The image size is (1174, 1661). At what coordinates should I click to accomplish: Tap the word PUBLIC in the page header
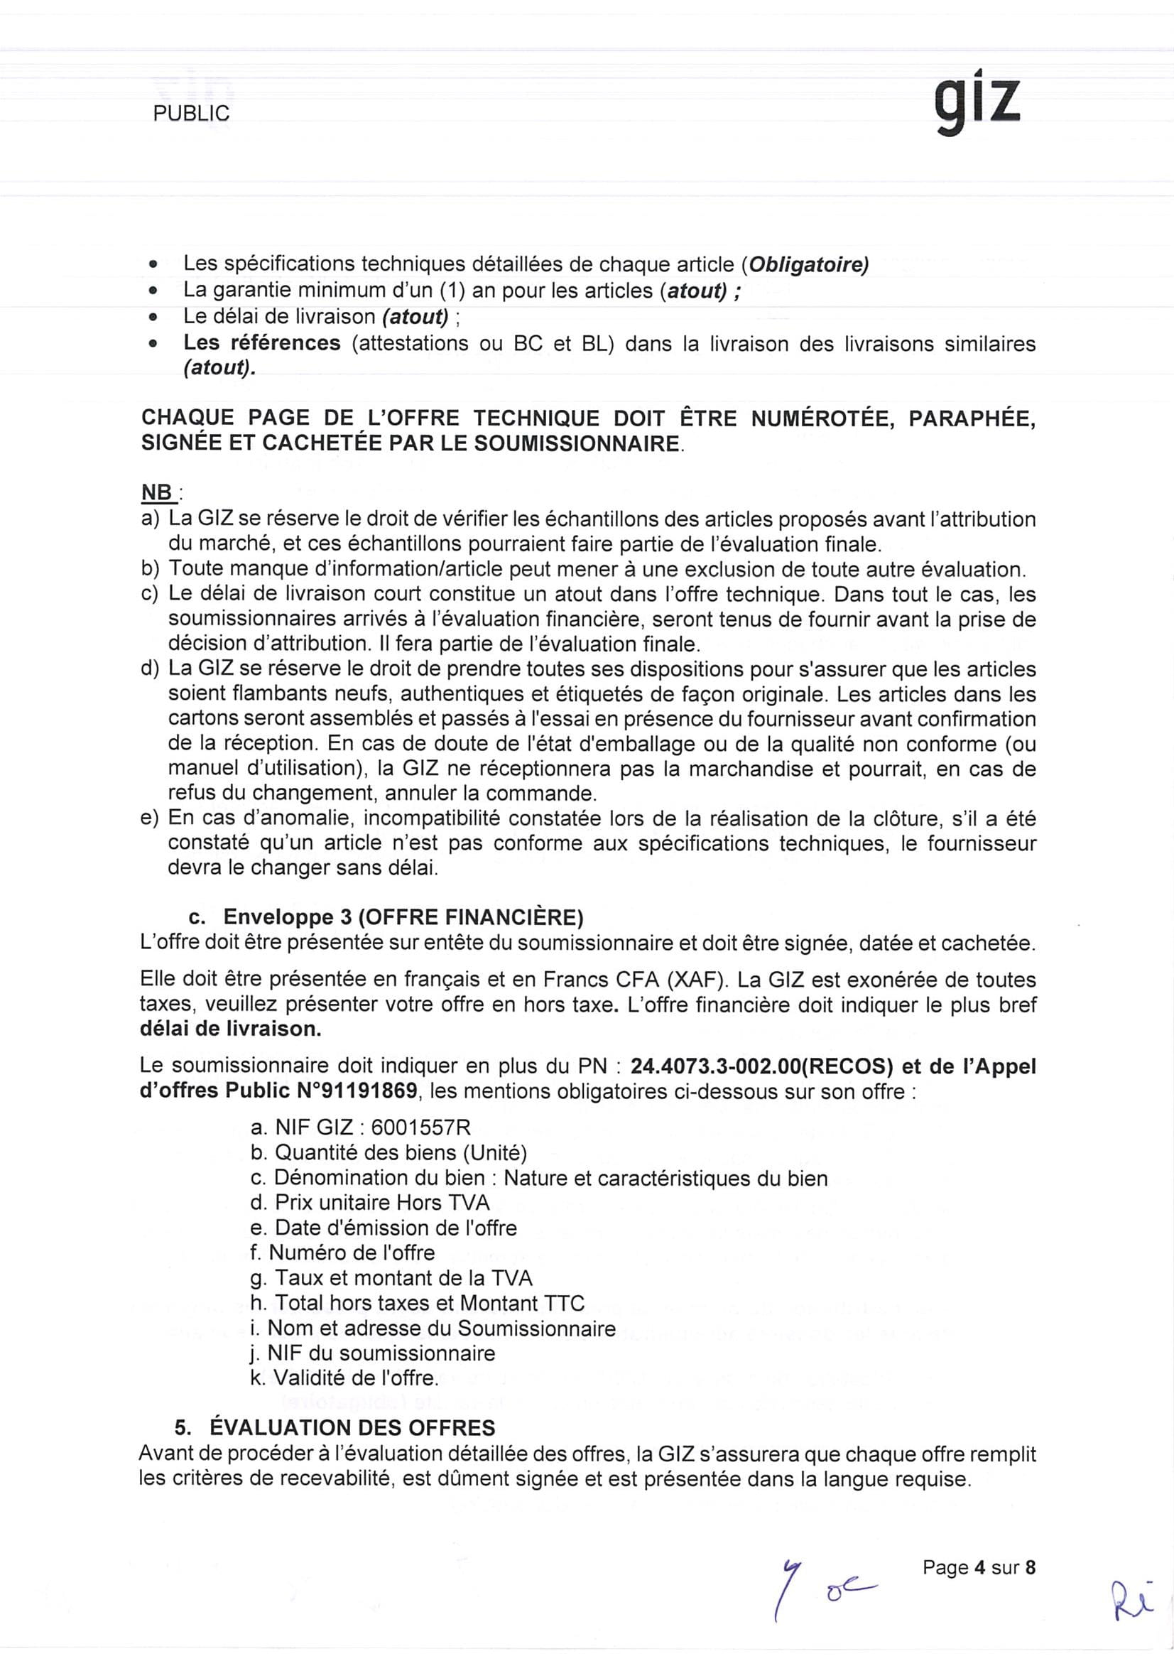[x=191, y=114]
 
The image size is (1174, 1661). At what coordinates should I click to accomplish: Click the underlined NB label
[x=158, y=493]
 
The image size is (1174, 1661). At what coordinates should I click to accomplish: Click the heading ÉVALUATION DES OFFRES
[x=352, y=1427]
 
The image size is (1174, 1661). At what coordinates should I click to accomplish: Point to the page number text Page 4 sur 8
[x=979, y=1567]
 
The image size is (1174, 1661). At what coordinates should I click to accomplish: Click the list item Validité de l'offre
[x=344, y=1378]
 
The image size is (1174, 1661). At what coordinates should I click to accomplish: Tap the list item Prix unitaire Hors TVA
[x=369, y=1202]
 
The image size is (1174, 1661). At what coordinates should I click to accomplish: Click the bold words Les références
[x=262, y=343]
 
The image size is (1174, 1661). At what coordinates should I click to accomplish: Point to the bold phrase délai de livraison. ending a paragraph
[x=230, y=1029]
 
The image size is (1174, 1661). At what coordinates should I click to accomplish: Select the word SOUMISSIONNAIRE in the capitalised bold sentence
[x=577, y=443]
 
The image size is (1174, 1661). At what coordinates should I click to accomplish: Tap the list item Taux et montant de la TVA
[x=391, y=1277]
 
